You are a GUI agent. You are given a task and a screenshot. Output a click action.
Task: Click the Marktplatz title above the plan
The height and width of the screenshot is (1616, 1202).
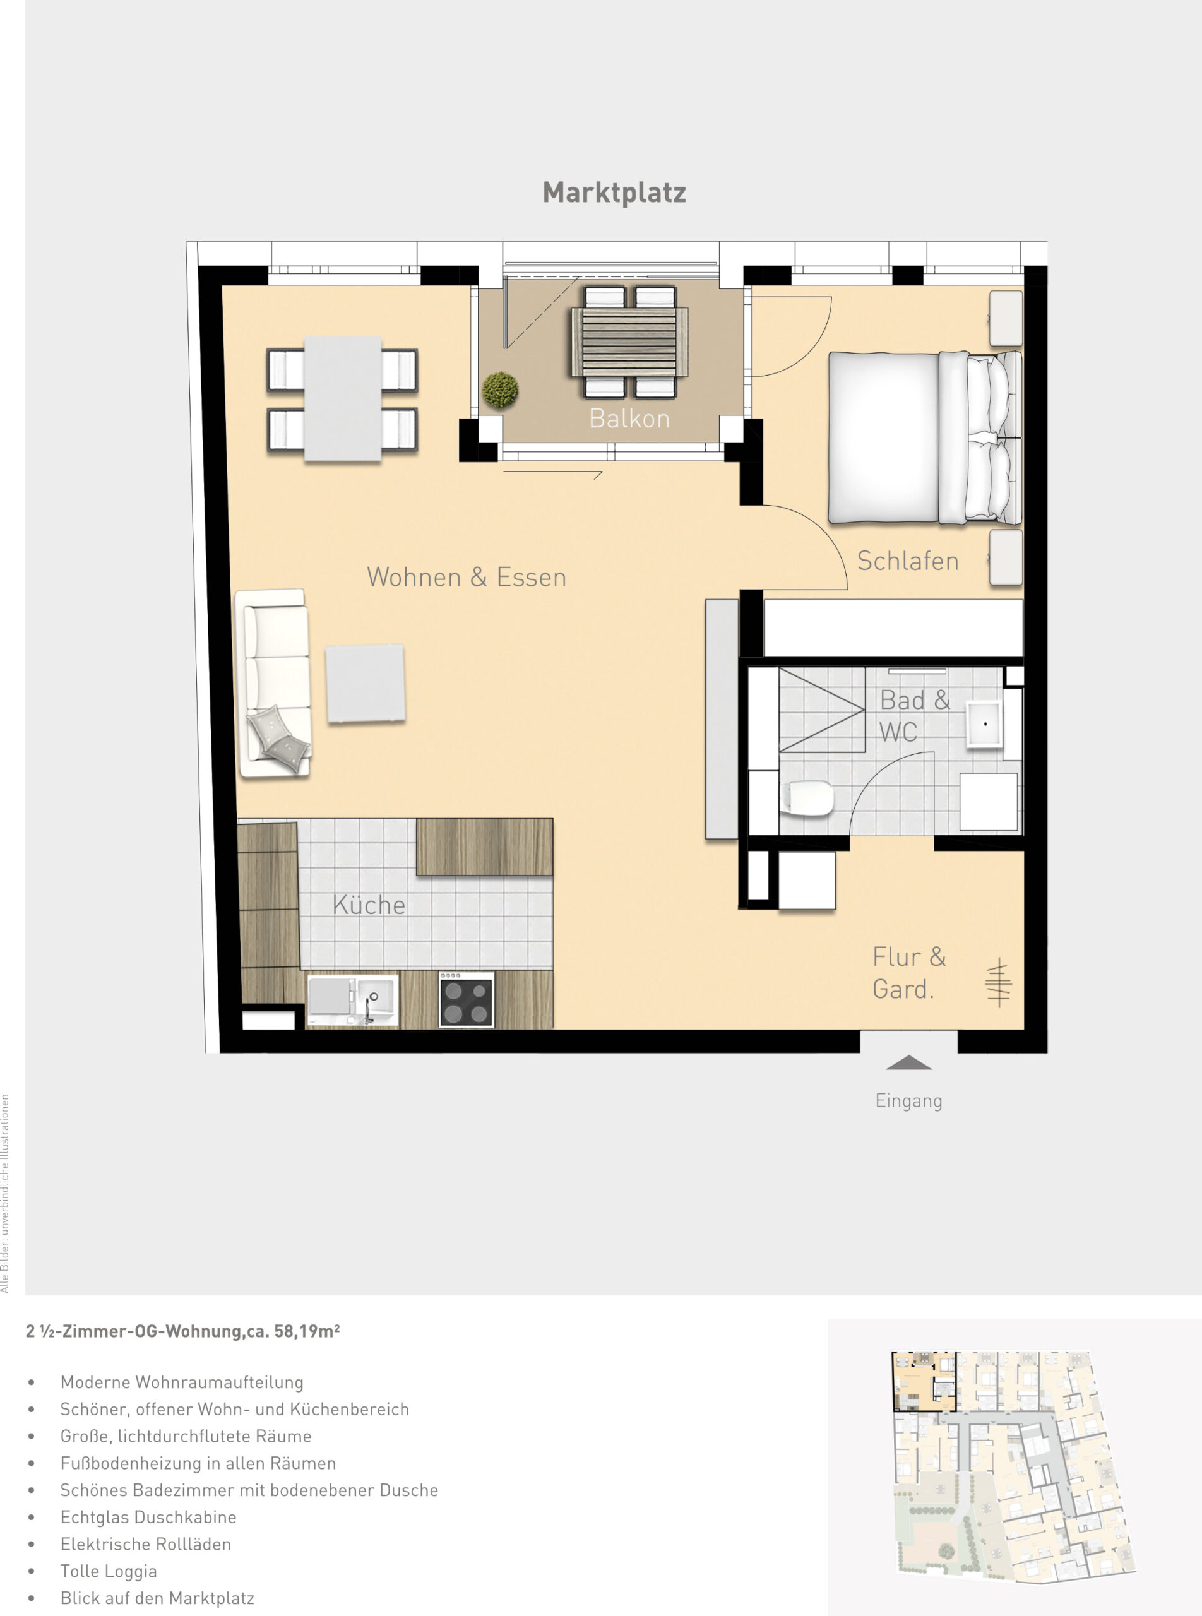[x=614, y=192]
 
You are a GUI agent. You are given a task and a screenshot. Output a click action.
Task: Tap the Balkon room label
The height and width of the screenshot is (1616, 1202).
[x=629, y=419]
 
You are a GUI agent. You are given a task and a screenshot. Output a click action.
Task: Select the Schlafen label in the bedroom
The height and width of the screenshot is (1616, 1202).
[x=907, y=561]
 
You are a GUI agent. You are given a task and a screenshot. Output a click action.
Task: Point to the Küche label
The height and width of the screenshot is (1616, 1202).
[x=369, y=905]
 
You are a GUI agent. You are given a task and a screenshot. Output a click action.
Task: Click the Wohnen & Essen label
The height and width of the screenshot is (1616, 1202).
[x=467, y=577]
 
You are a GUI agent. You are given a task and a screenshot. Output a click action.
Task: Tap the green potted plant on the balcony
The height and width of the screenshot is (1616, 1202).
[x=500, y=389]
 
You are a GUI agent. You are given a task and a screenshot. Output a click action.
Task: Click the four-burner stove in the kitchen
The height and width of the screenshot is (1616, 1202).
[x=467, y=1000]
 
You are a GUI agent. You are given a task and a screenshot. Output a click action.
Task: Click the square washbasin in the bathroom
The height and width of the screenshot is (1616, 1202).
[x=984, y=724]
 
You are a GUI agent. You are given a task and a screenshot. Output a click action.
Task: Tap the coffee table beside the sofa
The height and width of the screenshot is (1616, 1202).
[x=366, y=683]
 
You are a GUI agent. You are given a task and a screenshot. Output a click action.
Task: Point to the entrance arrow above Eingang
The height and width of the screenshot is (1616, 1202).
[x=909, y=1063]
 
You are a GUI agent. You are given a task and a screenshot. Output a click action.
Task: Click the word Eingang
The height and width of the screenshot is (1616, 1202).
[x=909, y=1101]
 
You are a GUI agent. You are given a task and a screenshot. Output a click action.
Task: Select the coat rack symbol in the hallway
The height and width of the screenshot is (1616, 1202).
[x=998, y=982]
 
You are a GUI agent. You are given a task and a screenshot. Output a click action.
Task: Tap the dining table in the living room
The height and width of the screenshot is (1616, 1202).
[x=343, y=399]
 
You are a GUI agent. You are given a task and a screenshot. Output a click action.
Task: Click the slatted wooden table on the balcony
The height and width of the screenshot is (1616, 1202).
[x=630, y=342]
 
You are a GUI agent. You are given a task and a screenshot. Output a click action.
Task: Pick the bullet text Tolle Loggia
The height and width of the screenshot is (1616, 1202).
[x=109, y=1571]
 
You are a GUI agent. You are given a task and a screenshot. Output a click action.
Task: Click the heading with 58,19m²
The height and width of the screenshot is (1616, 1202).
[x=182, y=1331]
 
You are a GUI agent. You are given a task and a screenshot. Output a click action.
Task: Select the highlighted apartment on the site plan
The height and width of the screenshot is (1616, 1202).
[x=924, y=1381]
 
